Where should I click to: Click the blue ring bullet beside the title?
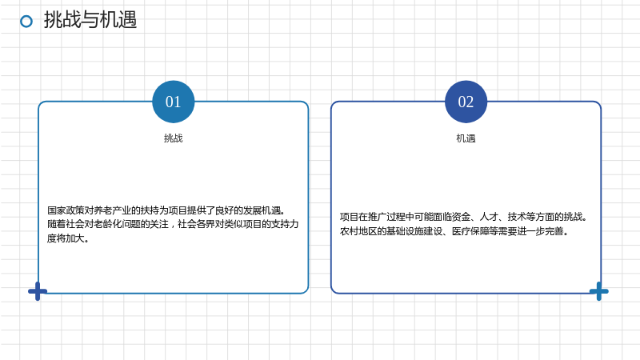click(26, 22)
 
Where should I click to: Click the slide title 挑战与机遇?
click(90, 19)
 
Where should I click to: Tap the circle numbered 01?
click(174, 102)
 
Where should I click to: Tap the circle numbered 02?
click(466, 102)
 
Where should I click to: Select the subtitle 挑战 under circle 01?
click(174, 138)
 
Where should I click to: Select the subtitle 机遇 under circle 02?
click(466, 138)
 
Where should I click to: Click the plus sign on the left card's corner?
click(38, 291)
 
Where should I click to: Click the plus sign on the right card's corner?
click(598, 291)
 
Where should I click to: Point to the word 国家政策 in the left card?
click(66, 210)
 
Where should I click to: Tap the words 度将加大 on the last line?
click(66, 238)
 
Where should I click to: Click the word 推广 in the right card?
click(377, 217)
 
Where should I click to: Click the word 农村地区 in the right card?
click(358, 231)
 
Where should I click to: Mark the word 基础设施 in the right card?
click(405, 231)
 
